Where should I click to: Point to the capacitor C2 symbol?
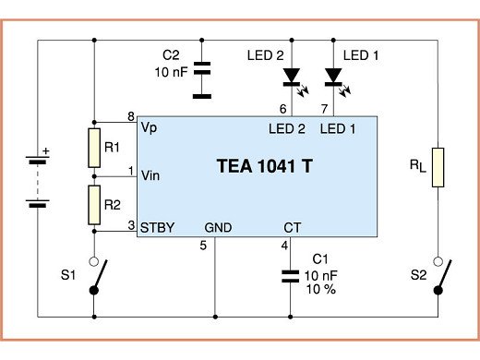(203, 79)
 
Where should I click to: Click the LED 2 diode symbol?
(292, 76)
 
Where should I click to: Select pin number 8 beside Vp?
(130, 116)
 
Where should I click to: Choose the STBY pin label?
(156, 225)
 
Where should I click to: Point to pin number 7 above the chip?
(322, 109)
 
